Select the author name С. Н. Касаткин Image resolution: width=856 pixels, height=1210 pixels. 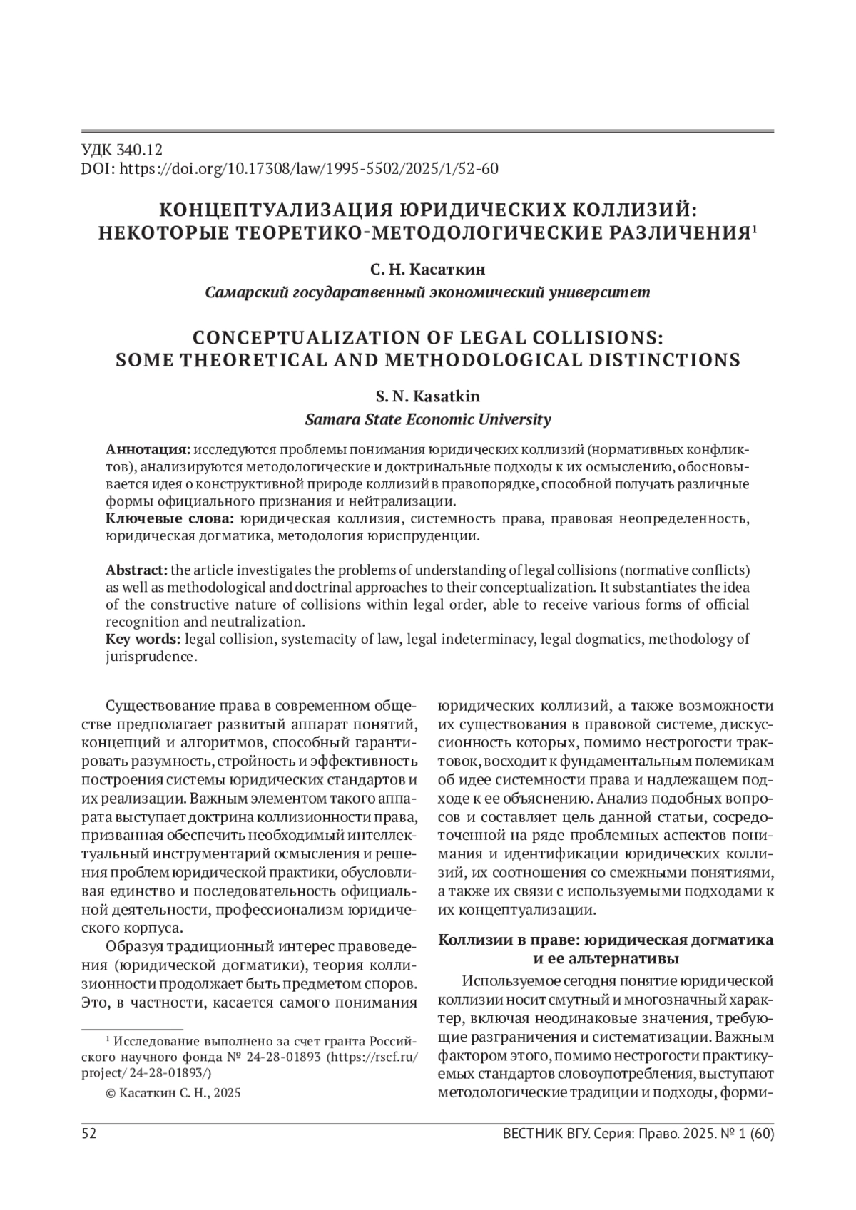point(427,270)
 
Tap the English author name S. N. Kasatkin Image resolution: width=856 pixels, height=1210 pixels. point(427,396)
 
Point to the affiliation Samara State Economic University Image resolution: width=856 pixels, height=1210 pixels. point(427,419)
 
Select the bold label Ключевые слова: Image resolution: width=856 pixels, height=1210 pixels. point(170,518)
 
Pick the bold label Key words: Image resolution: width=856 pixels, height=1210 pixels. point(143,639)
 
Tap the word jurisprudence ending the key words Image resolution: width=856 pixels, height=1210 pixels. point(149,657)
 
